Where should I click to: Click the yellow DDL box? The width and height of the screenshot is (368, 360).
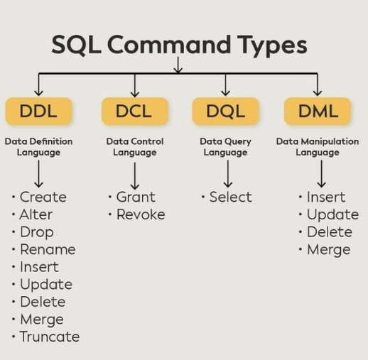38,111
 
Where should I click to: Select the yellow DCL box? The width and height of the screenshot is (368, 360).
135,111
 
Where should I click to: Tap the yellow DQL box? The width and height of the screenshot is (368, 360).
225,111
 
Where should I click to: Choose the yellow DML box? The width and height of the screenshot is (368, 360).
318,111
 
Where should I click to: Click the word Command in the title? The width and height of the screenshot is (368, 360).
169,45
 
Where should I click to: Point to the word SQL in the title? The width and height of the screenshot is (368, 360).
76,45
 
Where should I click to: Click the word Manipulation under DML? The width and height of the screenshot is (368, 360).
330,141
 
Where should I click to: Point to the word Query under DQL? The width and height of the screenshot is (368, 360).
238,142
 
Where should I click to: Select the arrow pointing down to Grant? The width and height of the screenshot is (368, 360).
135,176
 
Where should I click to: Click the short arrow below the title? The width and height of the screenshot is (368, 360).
178,65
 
